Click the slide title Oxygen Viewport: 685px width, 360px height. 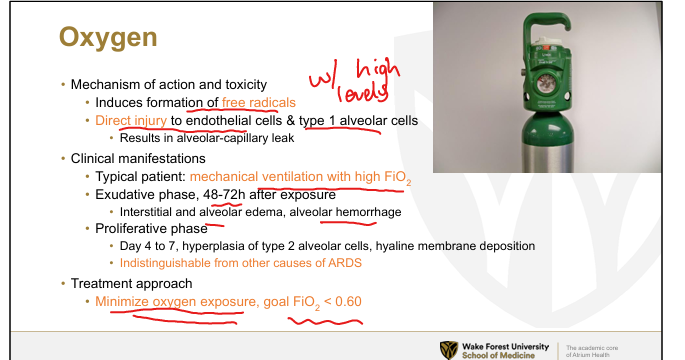pos(108,38)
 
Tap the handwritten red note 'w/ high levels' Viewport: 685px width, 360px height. pos(355,82)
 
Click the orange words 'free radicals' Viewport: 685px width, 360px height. pos(259,103)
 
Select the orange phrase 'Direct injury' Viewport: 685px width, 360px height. pos(131,121)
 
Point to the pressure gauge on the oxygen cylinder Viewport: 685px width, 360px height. pos(546,83)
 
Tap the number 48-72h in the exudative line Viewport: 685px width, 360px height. pos(224,194)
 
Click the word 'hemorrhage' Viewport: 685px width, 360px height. pos(368,212)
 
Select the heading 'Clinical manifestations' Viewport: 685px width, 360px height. pos(138,158)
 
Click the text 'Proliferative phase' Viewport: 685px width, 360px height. pos(151,228)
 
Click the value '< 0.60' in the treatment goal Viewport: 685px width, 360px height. pos(343,301)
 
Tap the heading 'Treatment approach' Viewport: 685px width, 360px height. pos(131,284)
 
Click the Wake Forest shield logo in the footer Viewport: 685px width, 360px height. pos(449,350)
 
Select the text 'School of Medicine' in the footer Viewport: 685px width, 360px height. pos(498,356)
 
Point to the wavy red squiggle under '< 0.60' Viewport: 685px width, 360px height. pos(325,322)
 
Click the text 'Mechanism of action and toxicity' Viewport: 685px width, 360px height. pos(169,84)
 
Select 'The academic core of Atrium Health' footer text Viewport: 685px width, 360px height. pos(592,351)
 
